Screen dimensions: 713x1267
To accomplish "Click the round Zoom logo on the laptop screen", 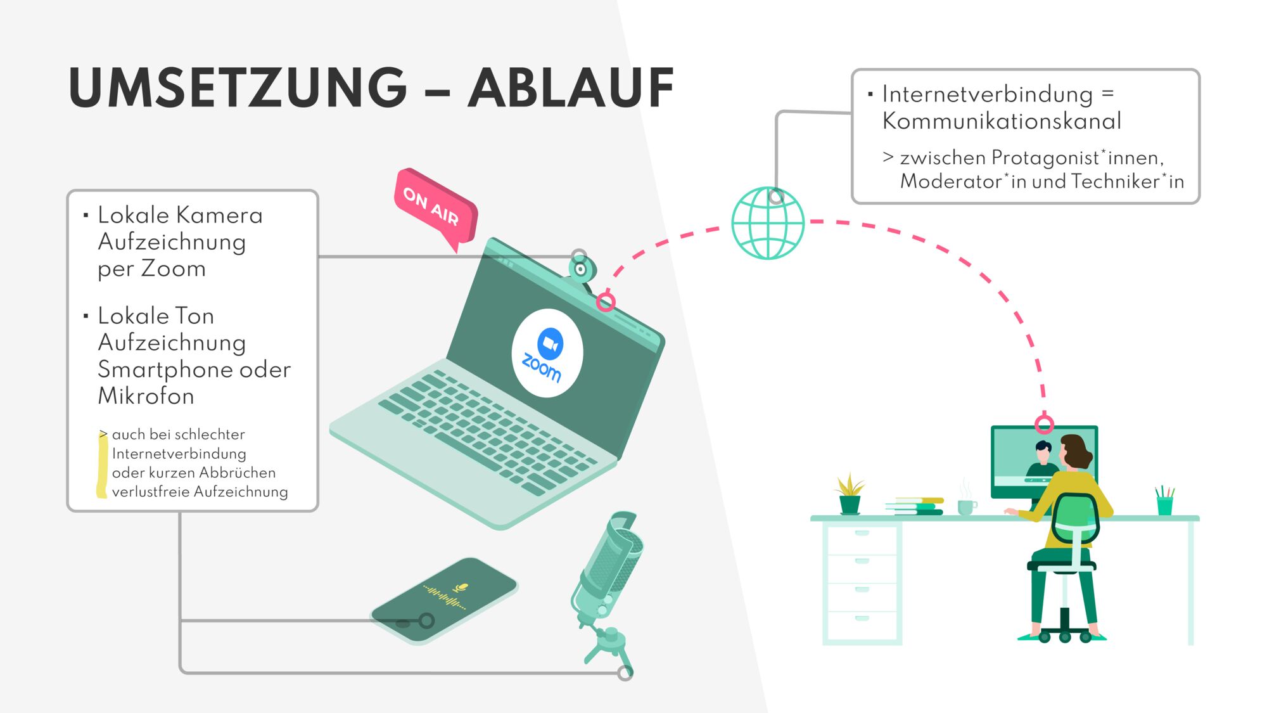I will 547,353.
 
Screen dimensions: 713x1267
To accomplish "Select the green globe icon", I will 767,223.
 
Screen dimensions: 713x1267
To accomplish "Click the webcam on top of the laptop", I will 580,269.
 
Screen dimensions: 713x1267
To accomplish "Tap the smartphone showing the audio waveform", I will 444,598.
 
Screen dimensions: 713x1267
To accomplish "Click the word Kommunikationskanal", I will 1002,121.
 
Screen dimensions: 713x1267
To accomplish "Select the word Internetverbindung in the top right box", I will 987,94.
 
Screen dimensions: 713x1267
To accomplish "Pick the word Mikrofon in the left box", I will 146,396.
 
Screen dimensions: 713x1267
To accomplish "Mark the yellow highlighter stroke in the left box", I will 101,466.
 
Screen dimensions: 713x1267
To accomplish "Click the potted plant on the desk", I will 850,495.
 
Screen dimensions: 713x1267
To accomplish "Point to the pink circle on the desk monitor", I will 1044,423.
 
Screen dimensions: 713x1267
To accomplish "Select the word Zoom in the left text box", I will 173,269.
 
